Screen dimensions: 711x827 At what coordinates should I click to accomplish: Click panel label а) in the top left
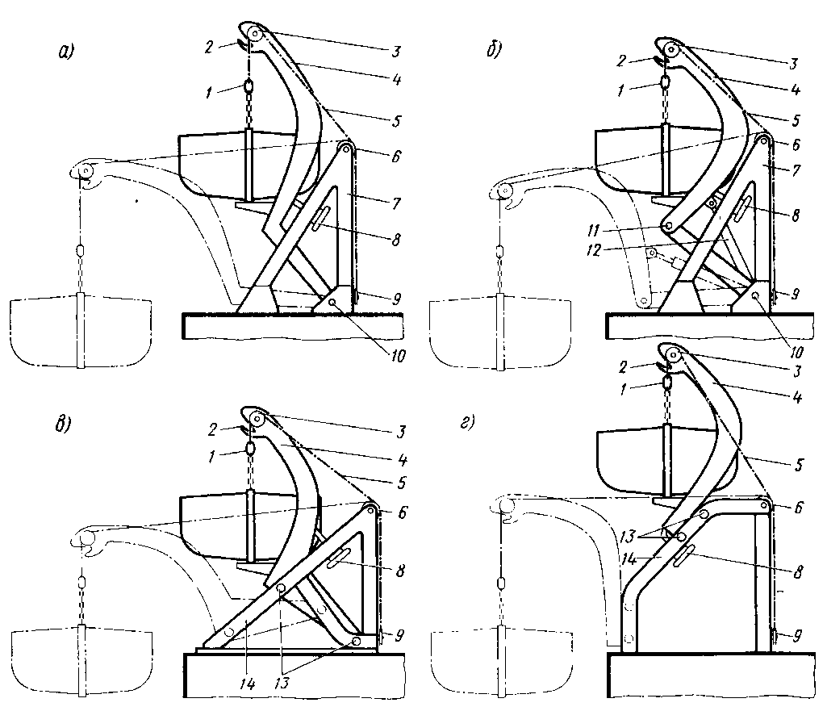pyautogui.click(x=65, y=53)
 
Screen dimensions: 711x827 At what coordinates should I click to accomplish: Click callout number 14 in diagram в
pyautogui.click(x=248, y=684)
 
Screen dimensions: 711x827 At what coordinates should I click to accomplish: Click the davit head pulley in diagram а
pyautogui.click(x=255, y=35)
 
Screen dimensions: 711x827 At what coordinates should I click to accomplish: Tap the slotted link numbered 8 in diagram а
pyautogui.click(x=317, y=219)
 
